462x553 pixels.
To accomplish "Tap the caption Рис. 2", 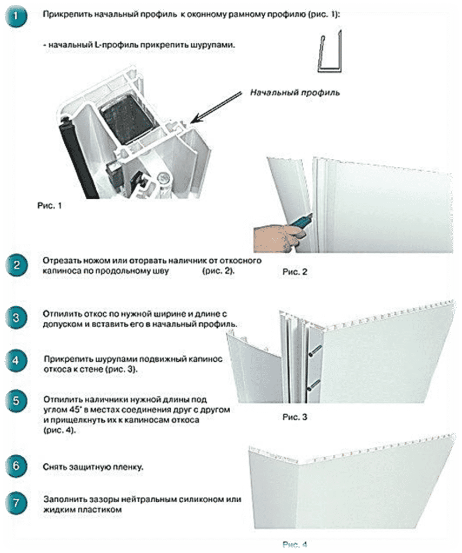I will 294,272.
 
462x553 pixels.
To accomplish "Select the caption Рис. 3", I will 294,417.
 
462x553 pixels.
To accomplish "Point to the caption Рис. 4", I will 294,544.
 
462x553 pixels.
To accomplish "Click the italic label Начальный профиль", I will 294,92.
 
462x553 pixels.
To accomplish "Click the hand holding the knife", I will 277,238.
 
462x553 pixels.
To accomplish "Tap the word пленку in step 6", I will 128,467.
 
